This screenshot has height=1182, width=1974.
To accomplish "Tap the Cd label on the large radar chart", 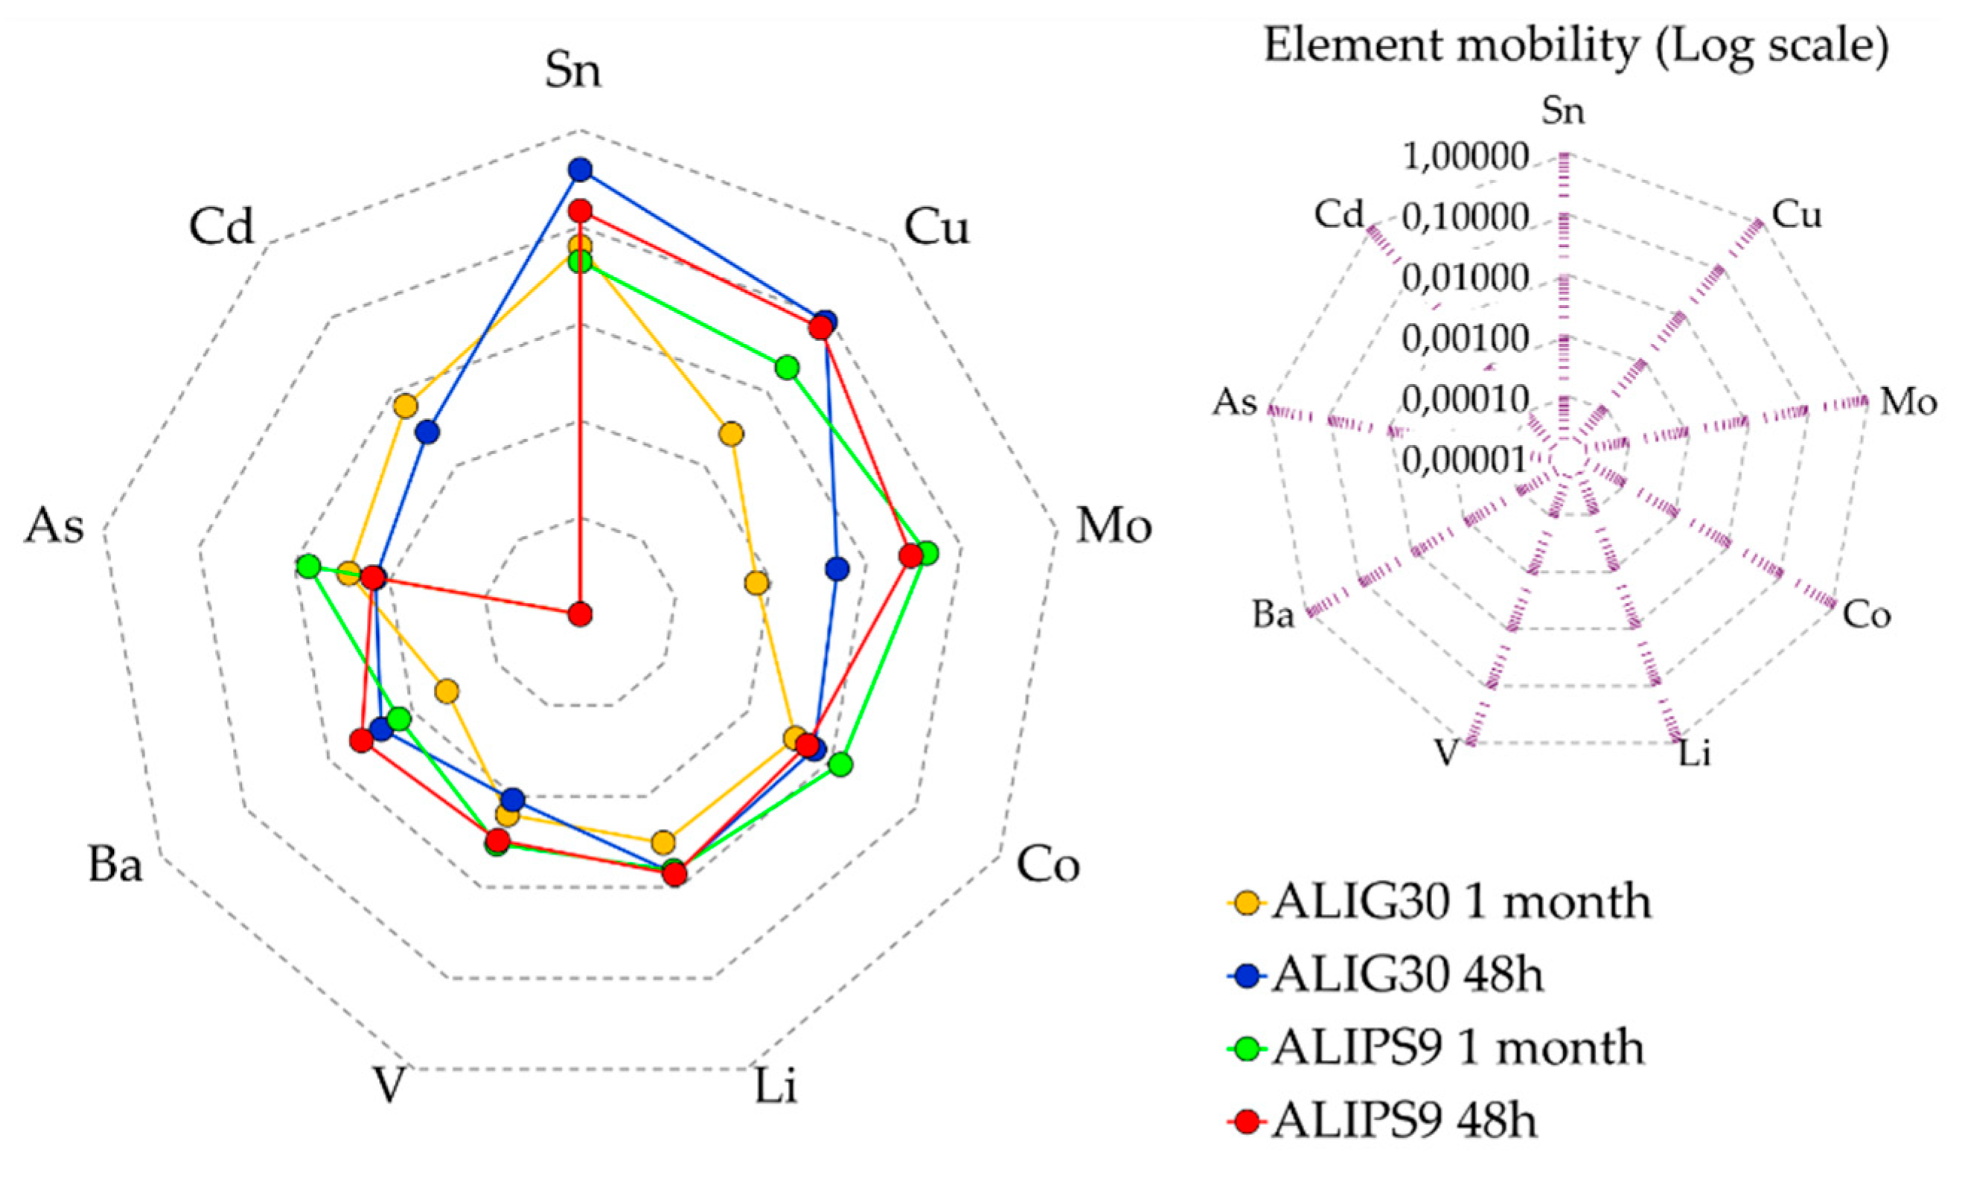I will (220, 226).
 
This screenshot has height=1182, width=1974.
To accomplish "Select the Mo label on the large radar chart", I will (1114, 526).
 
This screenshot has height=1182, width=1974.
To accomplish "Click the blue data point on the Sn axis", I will (581, 169).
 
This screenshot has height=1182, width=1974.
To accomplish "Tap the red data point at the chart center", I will (581, 614).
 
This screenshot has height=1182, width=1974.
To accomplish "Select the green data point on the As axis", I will (308, 567).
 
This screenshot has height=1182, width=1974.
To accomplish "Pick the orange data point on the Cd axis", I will (406, 406).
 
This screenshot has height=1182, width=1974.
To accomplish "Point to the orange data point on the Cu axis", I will (731, 434).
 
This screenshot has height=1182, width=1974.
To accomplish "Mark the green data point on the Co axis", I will (840, 764).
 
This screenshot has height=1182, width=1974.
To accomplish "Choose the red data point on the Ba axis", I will (362, 741).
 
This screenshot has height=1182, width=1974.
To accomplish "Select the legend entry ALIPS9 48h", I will (1405, 1122).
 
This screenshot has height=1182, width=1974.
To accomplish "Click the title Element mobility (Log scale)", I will (1576, 46).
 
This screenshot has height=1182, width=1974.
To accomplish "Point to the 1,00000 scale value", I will (1465, 158).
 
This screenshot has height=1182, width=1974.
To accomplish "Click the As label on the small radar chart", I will (1234, 402).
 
